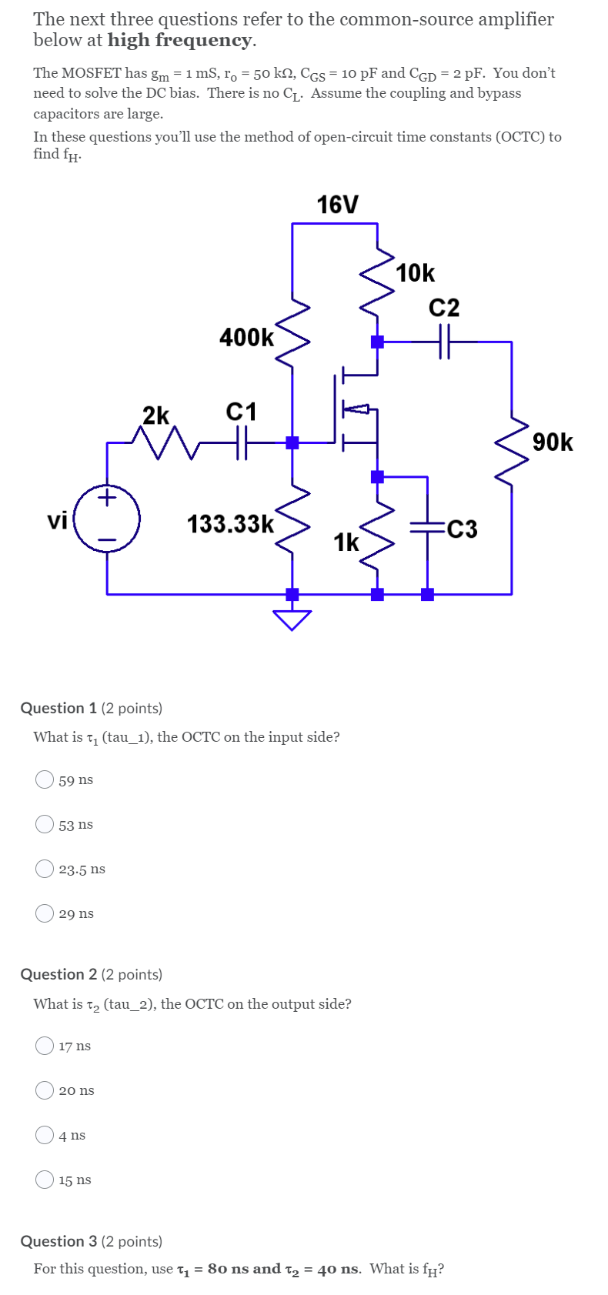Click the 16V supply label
(x=337, y=205)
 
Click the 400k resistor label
(x=246, y=337)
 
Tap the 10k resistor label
(x=416, y=273)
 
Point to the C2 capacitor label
(x=443, y=308)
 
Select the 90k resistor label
(x=553, y=442)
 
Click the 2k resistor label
(x=156, y=416)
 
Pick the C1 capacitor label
(x=241, y=412)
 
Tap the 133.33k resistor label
(x=230, y=524)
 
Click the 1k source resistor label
(x=346, y=542)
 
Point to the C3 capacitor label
(x=462, y=529)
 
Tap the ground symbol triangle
(x=292, y=619)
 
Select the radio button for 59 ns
(x=45, y=779)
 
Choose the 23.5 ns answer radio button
(x=45, y=869)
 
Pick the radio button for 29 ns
(x=45, y=913)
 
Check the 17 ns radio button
(x=45, y=1046)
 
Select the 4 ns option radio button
(x=45, y=1135)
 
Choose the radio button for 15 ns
(x=45, y=1180)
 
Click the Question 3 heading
(x=58, y=1241)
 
